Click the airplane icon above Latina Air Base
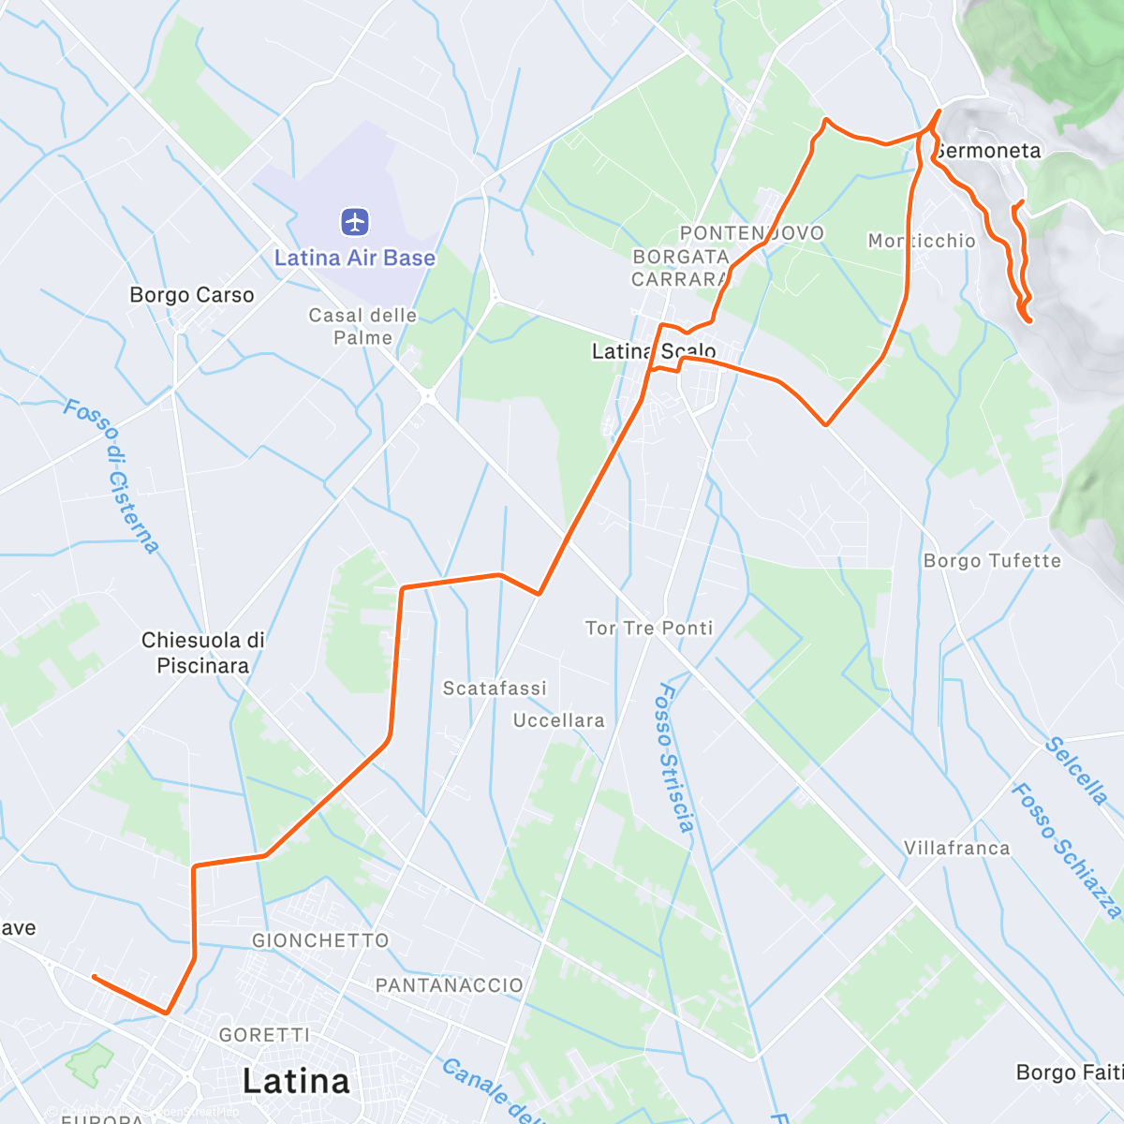pyautogui.click(x=355, y=223)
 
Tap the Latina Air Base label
pyautogui.click(x=354, y=258)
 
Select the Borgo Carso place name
pyautogui.click(x=192, y=295)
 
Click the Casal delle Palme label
pyautogui.click(x=362, y=326)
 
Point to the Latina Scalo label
pyautogui.click(x=653, y=351)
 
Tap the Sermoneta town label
pyautogui.click(x=987, y=151)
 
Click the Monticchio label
pyautogui.click(x=922, y=241)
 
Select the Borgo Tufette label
pyautogui.click(x=992, y=561)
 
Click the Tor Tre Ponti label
pyautogui.click(x=649, y=628)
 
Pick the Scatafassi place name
pyautogui.click(x=494, y=688)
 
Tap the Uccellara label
pyautogui.click(x=558, y=720)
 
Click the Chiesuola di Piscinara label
pyautogui.click(x=203, y=653)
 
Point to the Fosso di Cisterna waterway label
pyautogui.click(x=111, y=476)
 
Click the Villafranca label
pyautogui.click(x=956, y=848)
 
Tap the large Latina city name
pyautogui.click(x=296, y=1081)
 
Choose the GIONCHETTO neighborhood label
pyautogui.click(x=319, y=940)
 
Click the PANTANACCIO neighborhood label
pyautogui.click(x=449, y=985)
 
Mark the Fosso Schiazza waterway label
pyautogui.click(x=1066, y=850)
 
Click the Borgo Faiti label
pyautogui.click(x=1068, y=1072)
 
